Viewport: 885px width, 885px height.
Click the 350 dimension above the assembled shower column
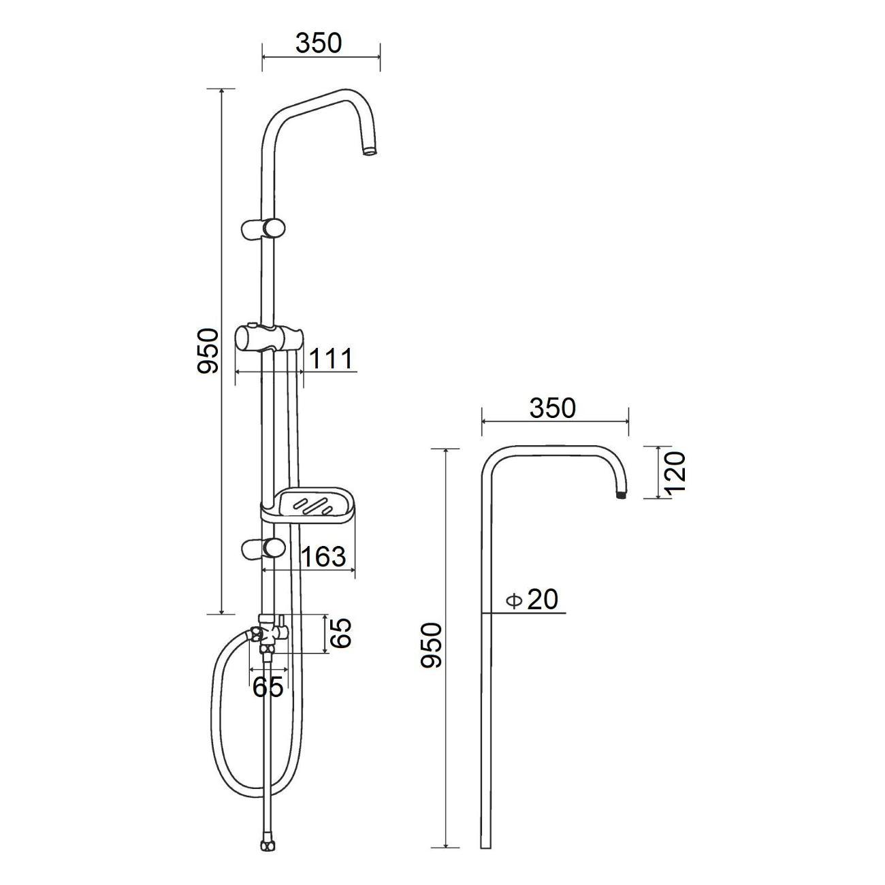(x=319, y=43)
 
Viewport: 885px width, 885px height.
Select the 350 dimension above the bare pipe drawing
(x=553, y=408)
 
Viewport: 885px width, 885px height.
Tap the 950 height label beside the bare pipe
(x=432, y=644)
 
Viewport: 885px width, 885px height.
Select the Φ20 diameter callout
(x=533, y=600)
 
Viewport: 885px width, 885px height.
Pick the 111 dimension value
(x=330, y=359)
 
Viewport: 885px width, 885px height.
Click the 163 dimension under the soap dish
(x=323, y=557)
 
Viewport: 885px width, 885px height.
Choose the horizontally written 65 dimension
(x=268, y=687)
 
